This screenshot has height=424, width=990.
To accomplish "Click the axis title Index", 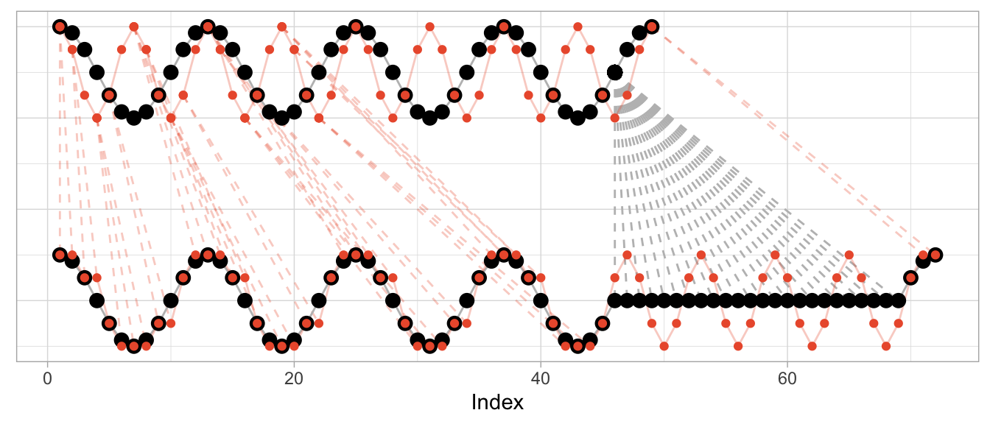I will [497, 403].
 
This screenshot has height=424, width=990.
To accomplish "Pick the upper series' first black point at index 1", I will [60, 26].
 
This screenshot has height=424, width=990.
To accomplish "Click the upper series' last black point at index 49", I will [651, 26].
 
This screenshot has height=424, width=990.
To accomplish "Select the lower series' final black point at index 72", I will [935, 255].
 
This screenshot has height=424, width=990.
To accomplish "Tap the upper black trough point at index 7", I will [133, 118].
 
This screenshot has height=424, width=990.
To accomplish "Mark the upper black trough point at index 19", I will [281, 118].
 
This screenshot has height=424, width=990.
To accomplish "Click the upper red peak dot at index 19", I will [281, 26].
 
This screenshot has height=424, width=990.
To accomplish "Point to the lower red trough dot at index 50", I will [664, 346].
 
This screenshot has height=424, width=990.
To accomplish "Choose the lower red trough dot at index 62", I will [812, 346].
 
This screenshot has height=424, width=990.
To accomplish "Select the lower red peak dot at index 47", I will [627, 255].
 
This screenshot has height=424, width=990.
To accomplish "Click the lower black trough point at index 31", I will [429, 346].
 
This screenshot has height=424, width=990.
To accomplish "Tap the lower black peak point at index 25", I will [356, 255].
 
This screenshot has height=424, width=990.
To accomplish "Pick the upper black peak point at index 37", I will [504, 26].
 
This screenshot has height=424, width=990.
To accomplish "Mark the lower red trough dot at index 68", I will [886, 346].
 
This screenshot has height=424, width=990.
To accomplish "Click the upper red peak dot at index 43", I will [577, 26].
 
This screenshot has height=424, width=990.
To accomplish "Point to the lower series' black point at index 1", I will [60, 255].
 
